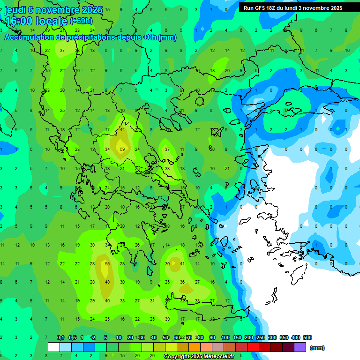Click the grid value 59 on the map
click(122, 150)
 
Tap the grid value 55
click(107, 264)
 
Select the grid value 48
click(107, 282)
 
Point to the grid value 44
click(122, 130)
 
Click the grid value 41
click(182, 264)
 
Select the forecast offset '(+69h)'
click(81, 21)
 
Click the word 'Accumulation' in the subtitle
click(31, 37)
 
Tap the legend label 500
click(307, 337)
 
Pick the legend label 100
click(225, 337)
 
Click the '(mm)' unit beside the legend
click(317, 348)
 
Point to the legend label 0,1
click(60, 337)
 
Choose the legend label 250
click(261, 337)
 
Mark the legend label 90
click(212, 337)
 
